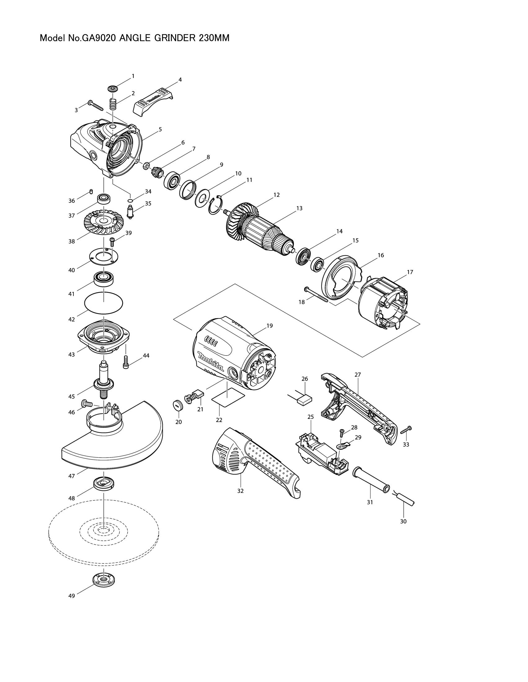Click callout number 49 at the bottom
tap(72, 596)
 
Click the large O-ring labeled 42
tap(104, 302)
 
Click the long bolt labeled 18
tap(316, 294)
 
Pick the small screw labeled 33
tap(406, 430)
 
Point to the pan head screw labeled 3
tap(95, 105)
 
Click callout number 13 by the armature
tap(299, 208)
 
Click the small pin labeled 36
tap(91, 192)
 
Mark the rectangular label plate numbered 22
tap(228, 397)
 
